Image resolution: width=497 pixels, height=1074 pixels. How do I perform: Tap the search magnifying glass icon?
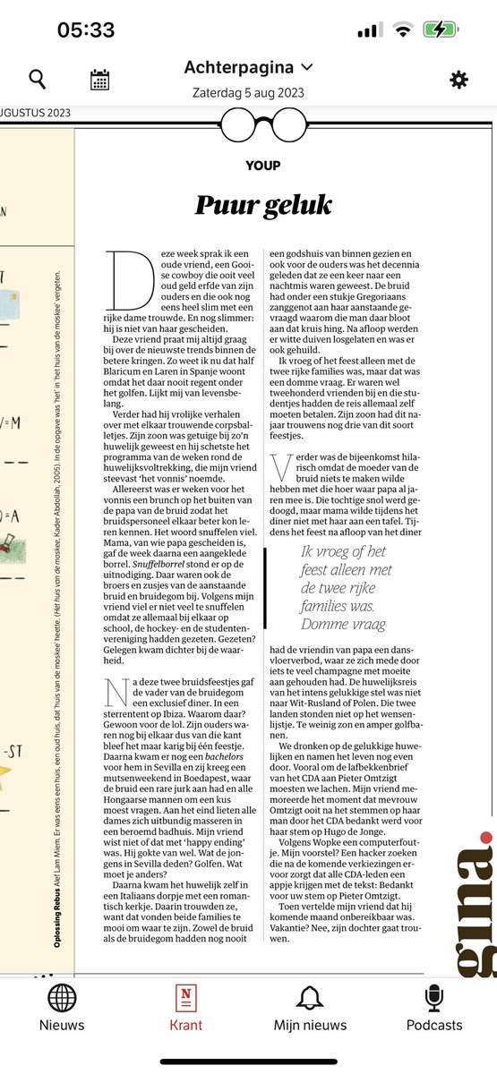[x=38, y=80]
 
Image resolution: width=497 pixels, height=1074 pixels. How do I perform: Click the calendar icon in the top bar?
[x=99, y=80]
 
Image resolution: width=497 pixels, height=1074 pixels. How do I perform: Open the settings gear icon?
[x=458, y=80]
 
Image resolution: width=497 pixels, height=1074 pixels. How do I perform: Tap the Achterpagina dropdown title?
[x=249, y=67]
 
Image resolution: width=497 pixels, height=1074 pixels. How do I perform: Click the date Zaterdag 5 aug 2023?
[x=248, y=91]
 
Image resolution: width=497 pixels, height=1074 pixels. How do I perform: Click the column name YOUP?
[x=262, y=165]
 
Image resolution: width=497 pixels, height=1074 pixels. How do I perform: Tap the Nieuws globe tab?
[x=62, y=1007]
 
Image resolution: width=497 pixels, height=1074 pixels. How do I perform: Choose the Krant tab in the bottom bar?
[x=186, y=1007]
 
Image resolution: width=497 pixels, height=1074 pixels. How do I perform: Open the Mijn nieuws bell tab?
[x=310, y=1007]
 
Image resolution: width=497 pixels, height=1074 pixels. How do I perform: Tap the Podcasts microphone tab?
[x=434, y=1007]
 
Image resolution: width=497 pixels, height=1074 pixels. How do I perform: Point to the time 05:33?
[x=86, y=30]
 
